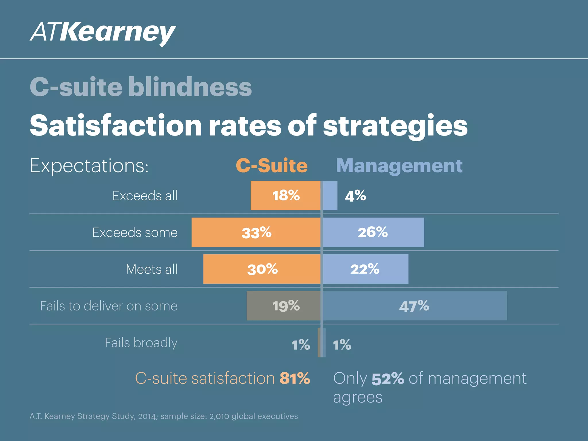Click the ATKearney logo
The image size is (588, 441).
102,33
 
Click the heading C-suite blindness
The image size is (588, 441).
141,87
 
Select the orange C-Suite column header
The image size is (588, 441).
271,166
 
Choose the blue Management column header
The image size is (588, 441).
399,166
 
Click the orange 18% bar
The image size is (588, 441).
285,196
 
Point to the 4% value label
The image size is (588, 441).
355,196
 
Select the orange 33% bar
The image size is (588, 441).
256,232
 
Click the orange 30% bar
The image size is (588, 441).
262,269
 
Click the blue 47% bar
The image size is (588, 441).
414,306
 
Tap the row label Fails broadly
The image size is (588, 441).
141,343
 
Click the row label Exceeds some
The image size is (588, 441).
135,232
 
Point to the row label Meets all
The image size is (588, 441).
152,269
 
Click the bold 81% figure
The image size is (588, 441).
295,378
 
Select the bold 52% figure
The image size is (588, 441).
388,379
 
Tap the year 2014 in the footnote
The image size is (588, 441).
147,416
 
